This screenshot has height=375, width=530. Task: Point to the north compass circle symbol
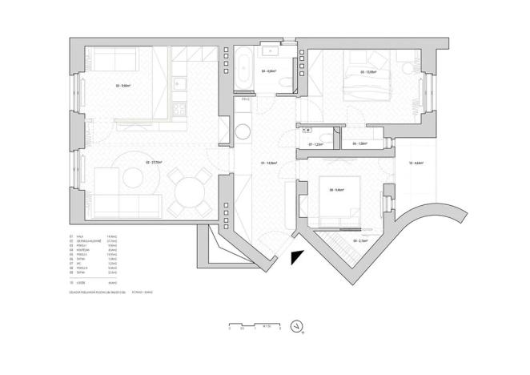point(297,326)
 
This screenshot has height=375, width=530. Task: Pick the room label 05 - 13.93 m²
point(369,72)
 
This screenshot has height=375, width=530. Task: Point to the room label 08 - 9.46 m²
point(336,190)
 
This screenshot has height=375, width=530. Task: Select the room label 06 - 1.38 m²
point(359,143)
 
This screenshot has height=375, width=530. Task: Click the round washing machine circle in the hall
point(243,131)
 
